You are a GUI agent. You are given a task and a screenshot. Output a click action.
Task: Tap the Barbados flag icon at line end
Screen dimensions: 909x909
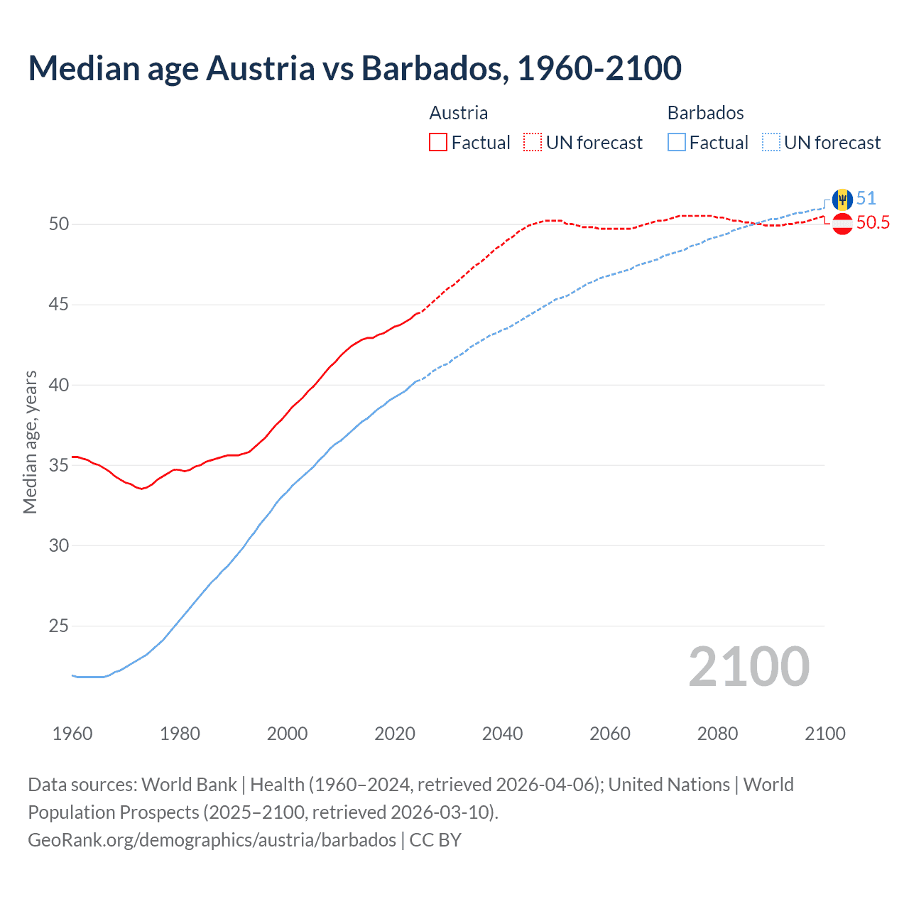[x=842, y=200]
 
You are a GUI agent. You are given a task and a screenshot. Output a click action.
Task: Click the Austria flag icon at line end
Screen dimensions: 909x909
[x=842, y=224]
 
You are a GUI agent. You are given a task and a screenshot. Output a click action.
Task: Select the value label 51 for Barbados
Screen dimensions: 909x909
[x=866, y=198]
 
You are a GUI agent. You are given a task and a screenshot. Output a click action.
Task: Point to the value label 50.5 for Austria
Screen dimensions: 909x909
[x=873, y=223]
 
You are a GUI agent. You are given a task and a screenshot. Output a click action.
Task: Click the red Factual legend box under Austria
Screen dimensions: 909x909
[x=438, y=143]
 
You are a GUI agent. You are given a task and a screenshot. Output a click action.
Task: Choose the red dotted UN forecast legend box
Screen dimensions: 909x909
[x=533, y=143]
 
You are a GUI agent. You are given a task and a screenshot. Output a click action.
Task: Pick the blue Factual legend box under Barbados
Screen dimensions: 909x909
[x=676, y=143]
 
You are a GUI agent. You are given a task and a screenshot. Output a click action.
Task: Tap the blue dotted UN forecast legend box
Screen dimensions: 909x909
[x=771, y=143]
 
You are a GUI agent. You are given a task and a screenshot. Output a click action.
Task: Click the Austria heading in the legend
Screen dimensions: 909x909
[x=459, y=113]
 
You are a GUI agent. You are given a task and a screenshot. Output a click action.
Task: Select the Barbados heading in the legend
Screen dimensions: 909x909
[x=705, y=113]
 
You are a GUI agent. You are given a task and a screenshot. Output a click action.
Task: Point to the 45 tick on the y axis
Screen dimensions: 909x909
[x=59, y=305]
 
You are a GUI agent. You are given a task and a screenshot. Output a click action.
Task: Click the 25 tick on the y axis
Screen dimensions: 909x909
[x=59, y=626]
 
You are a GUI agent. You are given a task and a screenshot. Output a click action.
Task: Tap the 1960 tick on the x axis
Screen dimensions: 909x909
[x=72, y=734]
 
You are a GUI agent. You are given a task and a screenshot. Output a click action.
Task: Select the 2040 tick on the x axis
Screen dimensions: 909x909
[x=502, y=734]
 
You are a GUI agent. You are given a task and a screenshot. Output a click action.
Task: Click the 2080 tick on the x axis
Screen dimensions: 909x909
[x=717, y=734]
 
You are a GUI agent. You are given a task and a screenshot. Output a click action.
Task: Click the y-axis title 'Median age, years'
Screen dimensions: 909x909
[x=30, y=442]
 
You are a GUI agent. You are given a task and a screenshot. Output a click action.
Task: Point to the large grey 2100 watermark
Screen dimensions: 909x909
[x=749, y=666]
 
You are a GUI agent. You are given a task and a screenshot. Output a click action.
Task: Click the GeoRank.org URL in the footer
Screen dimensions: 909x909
[x=212, y=840]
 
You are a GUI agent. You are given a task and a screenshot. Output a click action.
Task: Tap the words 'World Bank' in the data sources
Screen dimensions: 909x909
[x=189, y=785]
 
